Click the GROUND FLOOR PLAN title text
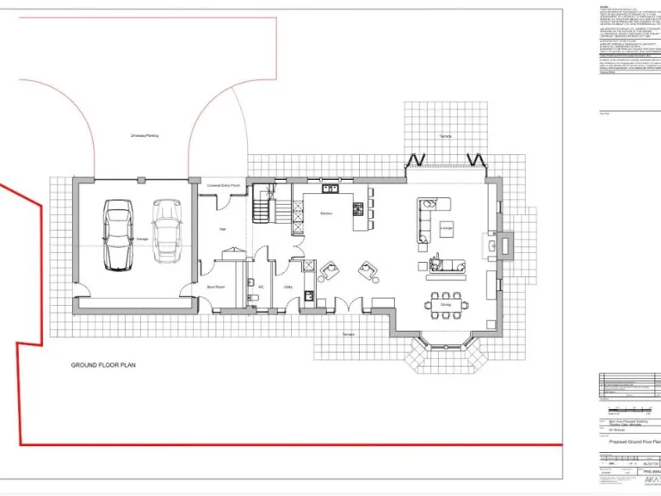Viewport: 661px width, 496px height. coord(103,365)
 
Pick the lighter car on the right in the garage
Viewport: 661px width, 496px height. coord(165,230)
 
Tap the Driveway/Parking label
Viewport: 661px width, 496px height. coord(144,135)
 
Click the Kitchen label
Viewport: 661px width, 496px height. coord(326,213)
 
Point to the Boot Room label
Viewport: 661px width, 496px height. coord(215,287)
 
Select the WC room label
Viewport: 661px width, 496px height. coord(260,287)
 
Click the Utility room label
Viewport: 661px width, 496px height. coord(288,287)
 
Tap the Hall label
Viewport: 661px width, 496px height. coord(222,228)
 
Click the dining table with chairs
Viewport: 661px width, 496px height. coord(445,304)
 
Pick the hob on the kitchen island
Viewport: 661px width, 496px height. coord(357,208)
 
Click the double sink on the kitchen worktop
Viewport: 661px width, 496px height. coord(330,189)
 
